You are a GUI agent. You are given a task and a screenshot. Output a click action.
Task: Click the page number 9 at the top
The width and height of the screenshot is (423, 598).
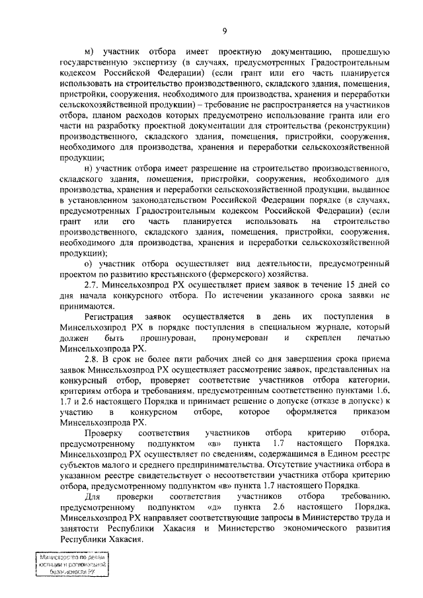[225, 28]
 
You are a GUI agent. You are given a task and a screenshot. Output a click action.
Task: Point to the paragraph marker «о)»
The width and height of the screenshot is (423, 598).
[90, 263]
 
